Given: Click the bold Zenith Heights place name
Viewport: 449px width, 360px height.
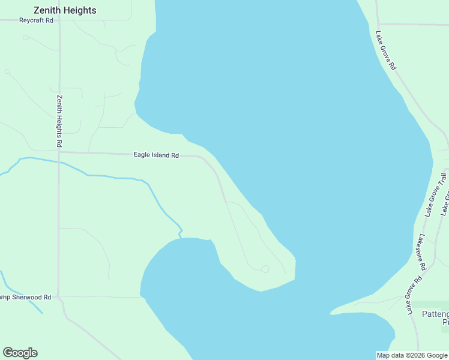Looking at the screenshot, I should [x=65, y=10].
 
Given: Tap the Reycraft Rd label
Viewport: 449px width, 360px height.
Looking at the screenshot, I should [x=36, y=20].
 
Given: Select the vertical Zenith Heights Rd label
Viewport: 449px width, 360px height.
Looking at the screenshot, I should [x=59, y=121].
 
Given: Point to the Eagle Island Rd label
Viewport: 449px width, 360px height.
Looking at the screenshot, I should [x=156, y=155].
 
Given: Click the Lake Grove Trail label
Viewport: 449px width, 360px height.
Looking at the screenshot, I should [x=436, y=194].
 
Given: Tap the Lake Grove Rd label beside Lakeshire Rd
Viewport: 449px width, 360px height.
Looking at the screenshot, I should [x=415, y=295].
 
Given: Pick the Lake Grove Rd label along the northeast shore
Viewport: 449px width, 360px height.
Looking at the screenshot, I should [x=385, y=50].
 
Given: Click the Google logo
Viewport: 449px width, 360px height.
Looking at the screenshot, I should [x=20, y=353].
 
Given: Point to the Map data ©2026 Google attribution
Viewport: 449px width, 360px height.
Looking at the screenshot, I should [x=412, y=355].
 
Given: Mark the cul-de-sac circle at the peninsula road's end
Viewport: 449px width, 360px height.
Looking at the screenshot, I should [x=265, y=269].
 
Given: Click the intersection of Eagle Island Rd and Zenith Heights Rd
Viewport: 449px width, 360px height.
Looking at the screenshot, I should [x=59, y=152].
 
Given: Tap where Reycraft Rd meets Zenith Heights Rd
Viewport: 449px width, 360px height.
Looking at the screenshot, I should [x=59, y=20].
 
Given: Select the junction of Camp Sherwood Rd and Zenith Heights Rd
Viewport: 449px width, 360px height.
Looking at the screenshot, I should [x=58, y=296].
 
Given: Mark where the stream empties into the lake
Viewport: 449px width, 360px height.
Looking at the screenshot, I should [x=180, y=236].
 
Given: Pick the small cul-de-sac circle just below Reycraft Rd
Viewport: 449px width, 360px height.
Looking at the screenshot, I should [x=25, y=37].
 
